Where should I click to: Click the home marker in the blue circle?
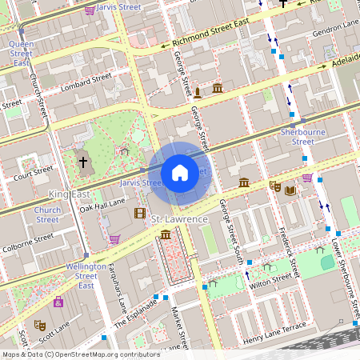coord(180,172)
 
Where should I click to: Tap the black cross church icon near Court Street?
coord(82,162)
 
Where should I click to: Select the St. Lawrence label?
coord(181,219)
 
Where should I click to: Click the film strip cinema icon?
coord(140,213)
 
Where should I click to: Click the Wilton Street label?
coord(270,281)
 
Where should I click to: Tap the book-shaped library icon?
coord(290,190)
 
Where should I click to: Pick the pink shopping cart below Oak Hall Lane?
coord(114,238)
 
